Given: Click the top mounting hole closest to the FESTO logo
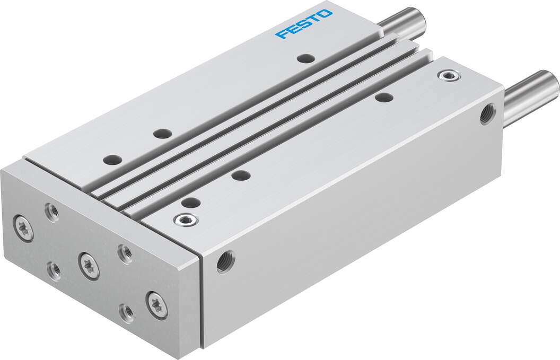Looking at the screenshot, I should click(x=305, y=58).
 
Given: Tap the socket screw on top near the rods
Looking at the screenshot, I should click(x=448, y=75).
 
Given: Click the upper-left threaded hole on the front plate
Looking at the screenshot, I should click(x=52, y=212).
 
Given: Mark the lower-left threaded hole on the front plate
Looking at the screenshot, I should click(x=53, y=271).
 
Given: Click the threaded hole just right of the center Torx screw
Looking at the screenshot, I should click(x=125, y=253).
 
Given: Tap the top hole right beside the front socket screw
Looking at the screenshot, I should click(x=191, y=202).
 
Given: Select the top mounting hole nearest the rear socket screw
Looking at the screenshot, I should click(x=383, y=97).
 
